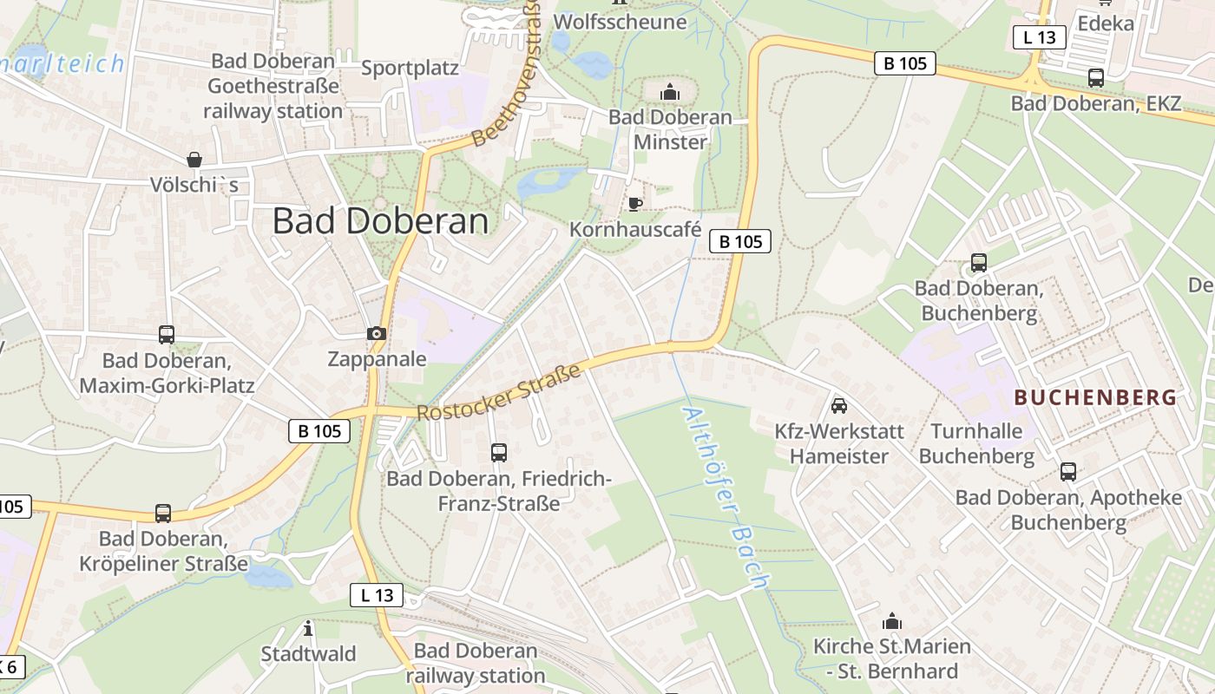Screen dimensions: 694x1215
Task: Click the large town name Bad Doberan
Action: point(380,221)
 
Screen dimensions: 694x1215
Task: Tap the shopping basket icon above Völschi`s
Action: point(194,160)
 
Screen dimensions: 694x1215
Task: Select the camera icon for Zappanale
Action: point(376,333)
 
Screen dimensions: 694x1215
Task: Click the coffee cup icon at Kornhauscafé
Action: point(635,204)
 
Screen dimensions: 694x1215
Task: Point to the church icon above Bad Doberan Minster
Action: point(670,92)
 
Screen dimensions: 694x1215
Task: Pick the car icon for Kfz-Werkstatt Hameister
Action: point(839,405)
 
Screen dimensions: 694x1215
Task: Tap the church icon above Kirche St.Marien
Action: point(891,621)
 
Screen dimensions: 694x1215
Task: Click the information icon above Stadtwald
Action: point(308,628)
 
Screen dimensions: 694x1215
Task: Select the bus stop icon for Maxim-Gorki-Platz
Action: point(167,334)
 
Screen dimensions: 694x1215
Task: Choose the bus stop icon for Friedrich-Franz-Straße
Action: point(499,452)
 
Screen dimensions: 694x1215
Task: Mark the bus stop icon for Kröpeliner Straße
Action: point(163,513)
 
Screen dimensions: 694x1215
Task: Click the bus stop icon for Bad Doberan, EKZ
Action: point(1096,78)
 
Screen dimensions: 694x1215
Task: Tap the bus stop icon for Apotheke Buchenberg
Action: point(1068,472)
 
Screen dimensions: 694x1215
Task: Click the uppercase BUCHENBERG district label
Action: point(1095,398)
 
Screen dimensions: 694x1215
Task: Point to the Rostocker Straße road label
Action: point(499,393)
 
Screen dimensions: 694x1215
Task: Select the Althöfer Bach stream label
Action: point(726,499)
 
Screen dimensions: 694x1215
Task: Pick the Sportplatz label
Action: point(410,68)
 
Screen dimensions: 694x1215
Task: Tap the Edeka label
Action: point(1106,23)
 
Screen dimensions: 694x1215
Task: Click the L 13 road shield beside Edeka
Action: point(1039,37)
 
